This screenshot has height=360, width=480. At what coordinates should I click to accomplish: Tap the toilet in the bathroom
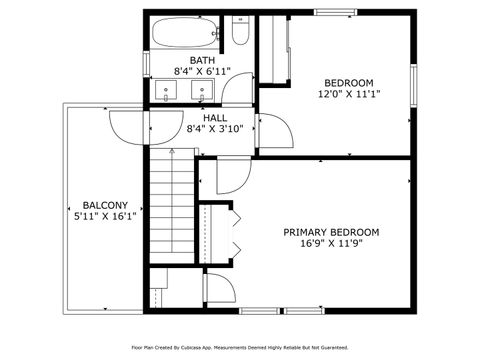(240, 36)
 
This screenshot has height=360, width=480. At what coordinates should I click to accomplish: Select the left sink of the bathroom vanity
(165, 92)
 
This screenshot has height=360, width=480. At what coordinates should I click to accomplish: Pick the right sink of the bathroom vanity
(203, 92)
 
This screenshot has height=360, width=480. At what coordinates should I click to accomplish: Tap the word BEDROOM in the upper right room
(348, 82)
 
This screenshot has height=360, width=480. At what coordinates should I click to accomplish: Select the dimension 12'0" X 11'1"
(348, 95)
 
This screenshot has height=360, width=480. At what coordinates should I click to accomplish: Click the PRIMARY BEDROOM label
(331, 232)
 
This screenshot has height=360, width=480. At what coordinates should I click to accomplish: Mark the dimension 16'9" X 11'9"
(331, 245)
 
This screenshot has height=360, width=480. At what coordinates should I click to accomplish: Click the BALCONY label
(104, 202)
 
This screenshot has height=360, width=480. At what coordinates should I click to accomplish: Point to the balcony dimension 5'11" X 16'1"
(104, 215)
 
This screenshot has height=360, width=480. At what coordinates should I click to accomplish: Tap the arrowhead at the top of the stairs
(173, 150)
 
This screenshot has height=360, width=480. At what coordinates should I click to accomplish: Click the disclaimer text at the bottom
(240, 347)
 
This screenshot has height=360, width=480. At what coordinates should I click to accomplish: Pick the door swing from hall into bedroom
(273, 130)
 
